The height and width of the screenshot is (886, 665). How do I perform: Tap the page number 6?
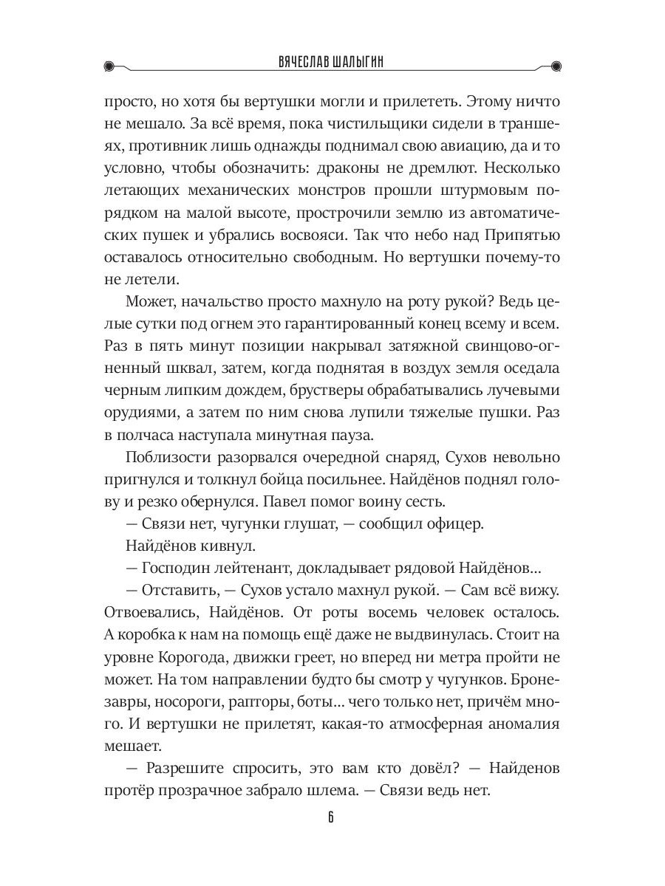(332, 817)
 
